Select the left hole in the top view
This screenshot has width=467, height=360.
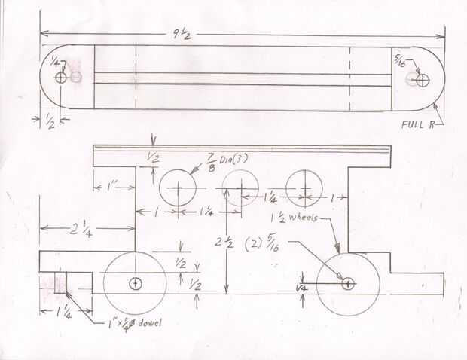coord(61,77)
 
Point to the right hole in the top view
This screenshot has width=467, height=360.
coord(423,79)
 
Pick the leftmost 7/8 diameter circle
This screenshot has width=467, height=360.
coord(178,189)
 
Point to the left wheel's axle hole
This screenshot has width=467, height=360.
coord(135,284)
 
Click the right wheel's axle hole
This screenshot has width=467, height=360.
coord(348,284)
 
